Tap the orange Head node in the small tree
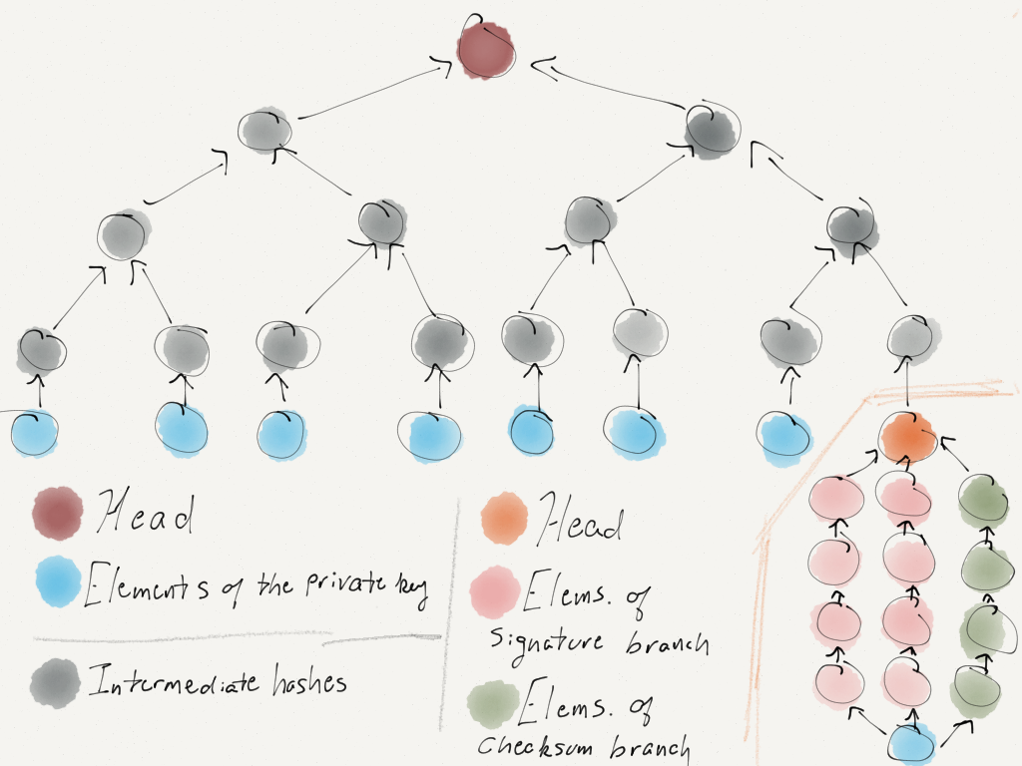(x=908, y=436)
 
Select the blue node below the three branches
(x=911, y=742)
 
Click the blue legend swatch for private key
(x=58, y=581)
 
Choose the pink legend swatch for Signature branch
(x=496, y=591)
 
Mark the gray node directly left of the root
(x=265, y=130)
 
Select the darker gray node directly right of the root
(x=713, y=129)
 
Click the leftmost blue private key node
(x=34, y=431)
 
